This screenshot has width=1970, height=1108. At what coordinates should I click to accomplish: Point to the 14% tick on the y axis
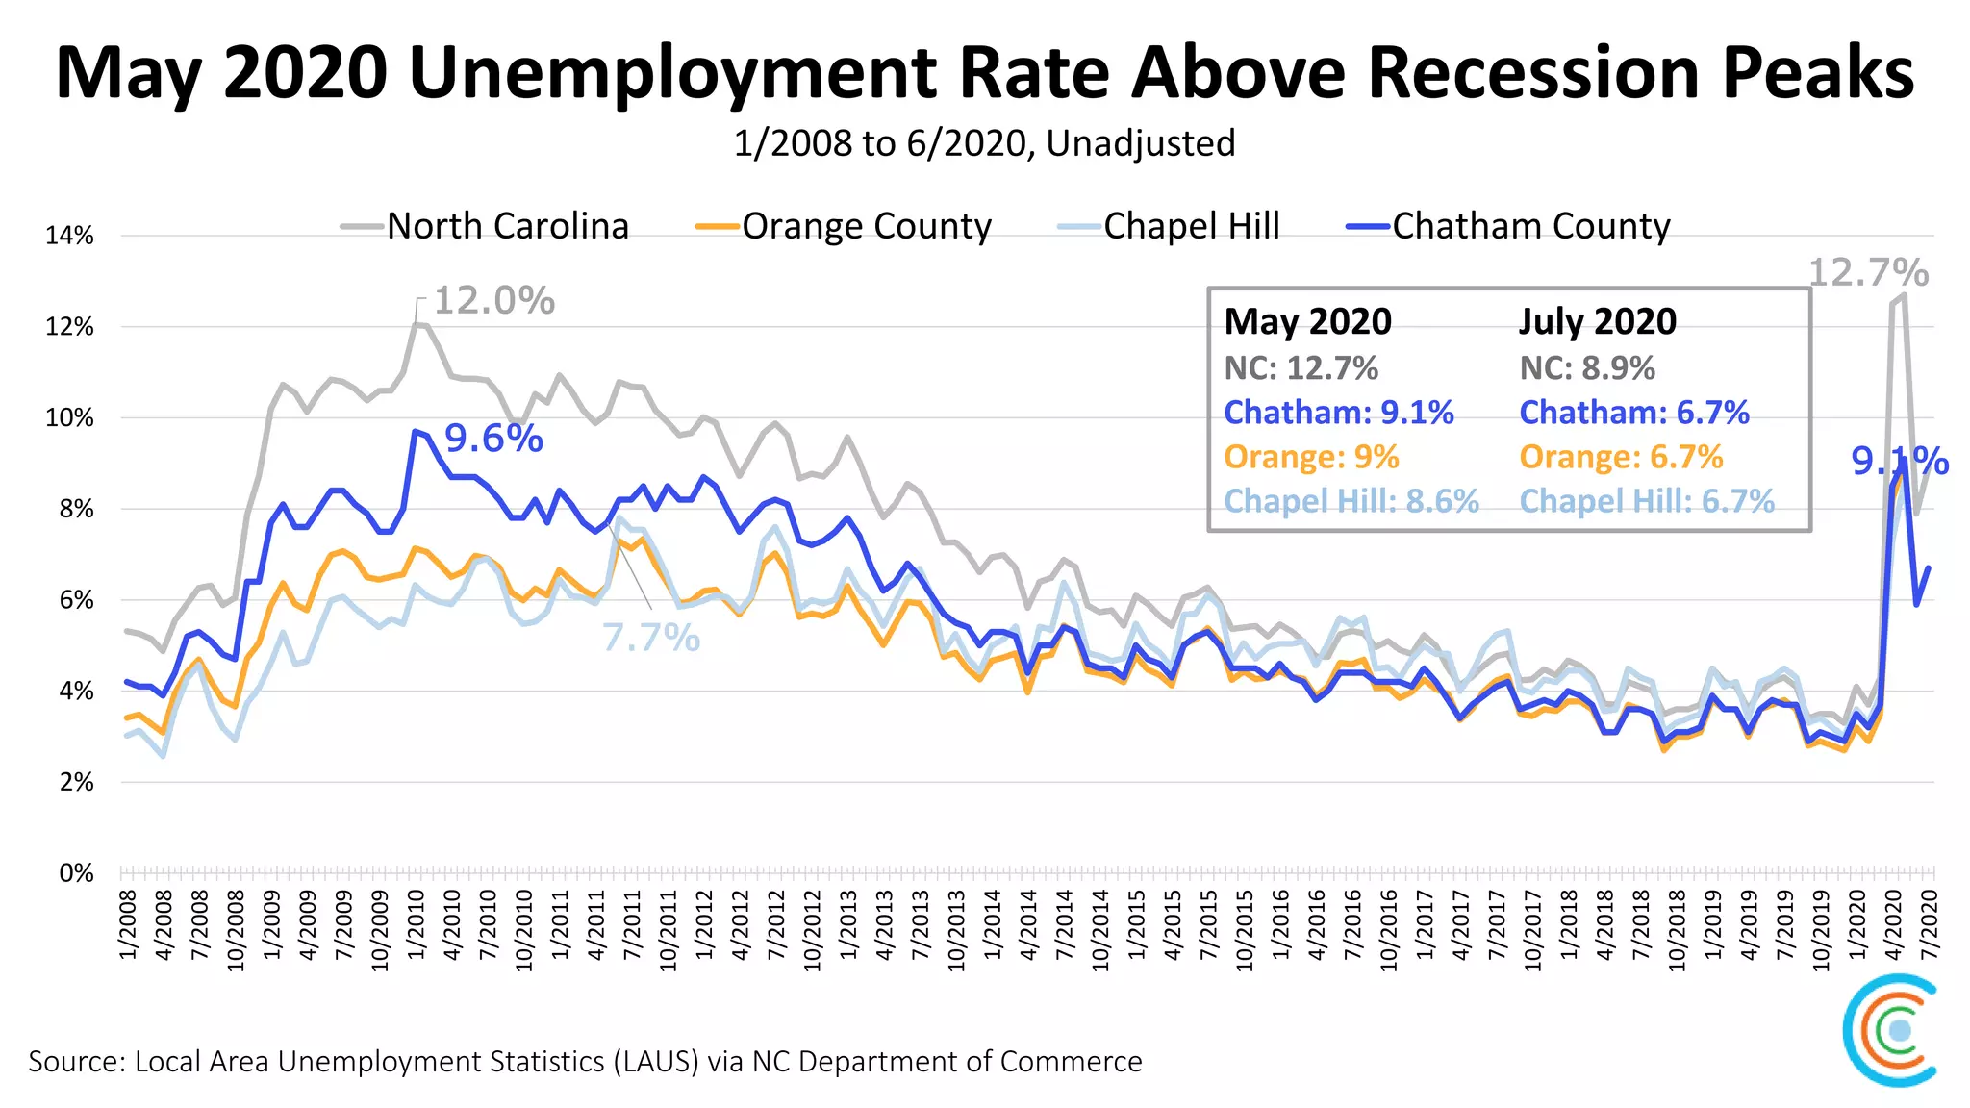[69, 236]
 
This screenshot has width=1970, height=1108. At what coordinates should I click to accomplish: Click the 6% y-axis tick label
[75, 600]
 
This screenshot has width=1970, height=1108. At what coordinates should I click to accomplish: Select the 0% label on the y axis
[75, 873]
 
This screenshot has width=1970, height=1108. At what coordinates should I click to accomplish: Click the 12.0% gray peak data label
[494, 300]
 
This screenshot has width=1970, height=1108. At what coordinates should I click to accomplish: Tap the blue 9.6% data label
[493, 439]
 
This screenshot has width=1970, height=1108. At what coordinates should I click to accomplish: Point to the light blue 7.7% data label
[651, 638]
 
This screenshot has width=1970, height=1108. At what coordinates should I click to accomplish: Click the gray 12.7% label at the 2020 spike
[1868, 273]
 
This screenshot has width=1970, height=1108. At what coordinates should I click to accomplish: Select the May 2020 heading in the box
[1307, 321]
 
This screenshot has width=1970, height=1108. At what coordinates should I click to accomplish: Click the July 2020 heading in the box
[1598, 321]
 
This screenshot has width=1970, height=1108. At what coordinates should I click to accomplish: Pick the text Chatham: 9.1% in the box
[1338, 413]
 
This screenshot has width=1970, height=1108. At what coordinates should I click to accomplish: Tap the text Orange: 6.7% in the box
[1621, 457]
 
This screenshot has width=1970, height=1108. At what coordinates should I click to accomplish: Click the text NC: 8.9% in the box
[1587, 368]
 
